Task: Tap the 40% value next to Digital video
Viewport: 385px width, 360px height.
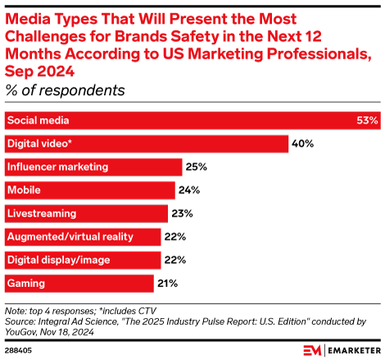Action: click(x=303, y=144)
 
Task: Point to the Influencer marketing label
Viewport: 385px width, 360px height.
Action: click(x=57, y=167)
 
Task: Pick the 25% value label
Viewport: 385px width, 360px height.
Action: click(x=196, y=167)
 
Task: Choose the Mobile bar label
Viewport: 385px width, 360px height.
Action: click(x=24, y=190)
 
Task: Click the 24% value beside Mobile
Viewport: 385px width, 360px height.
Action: click(x=189, y=191)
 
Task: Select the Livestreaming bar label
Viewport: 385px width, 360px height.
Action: click(x=42, y=213)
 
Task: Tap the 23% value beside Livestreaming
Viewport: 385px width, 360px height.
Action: click(x=182, y=214)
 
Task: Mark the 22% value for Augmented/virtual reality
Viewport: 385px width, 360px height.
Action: click(x=175, y=237)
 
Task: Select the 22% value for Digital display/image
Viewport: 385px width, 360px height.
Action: click(x=175, y=260)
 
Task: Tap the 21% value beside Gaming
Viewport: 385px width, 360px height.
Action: click(x=168, y=284)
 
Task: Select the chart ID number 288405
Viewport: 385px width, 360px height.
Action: click(x=20, y=349)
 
